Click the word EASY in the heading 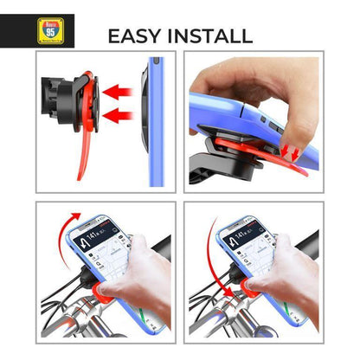138,36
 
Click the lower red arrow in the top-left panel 118,113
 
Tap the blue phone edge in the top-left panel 156,121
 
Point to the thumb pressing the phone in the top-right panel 290,121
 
